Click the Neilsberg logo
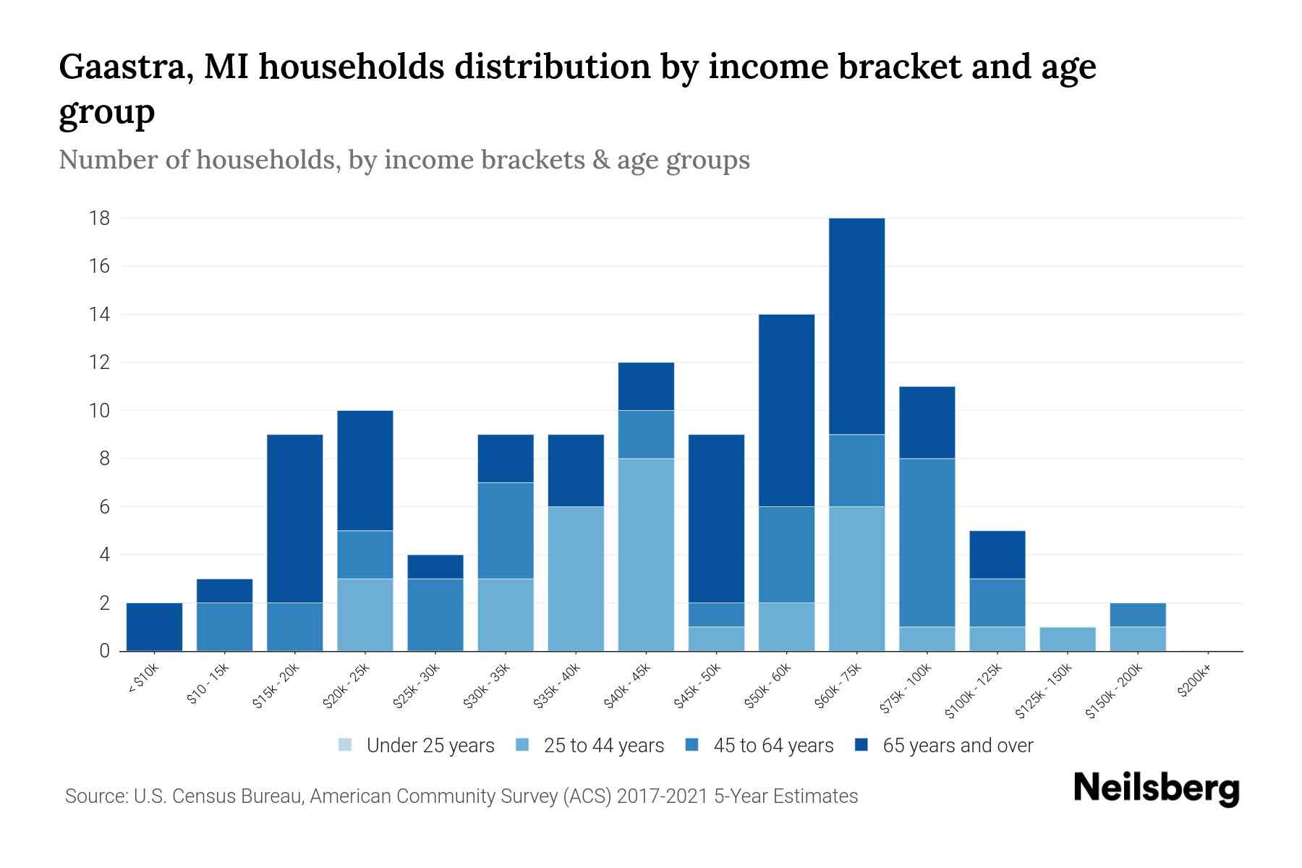[x=1156, y=789]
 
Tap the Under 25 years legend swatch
[x=346, y=745]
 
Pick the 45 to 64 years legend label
[x=773, y=746]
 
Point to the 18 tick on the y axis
[x=99, y=218]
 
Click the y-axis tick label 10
[x=99, y=411]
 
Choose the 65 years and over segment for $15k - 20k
[x=294, y=519]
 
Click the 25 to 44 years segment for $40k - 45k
[x=646, y=555]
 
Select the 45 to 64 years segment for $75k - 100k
[x=927, y=542]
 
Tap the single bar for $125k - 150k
[x=1067, y=639]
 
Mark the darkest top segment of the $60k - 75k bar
[x=856, y=326]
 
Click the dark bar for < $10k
[x=154, y=627]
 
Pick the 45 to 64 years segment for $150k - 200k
[x=1137, y=615]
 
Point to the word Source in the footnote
[x=95, y=796]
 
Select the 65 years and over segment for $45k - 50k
[x=716, y=519]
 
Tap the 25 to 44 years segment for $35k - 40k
[x=576, y=579]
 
